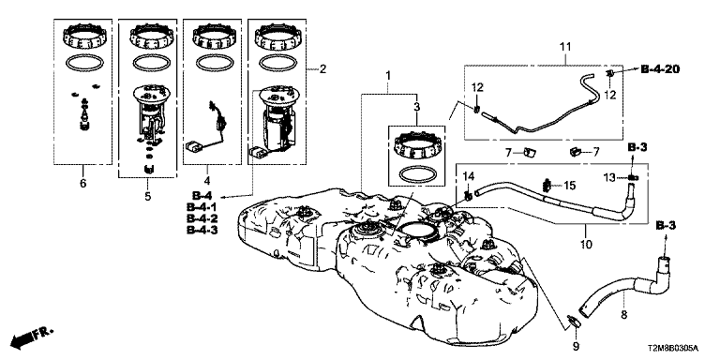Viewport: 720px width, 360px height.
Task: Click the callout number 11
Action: click(565, 46)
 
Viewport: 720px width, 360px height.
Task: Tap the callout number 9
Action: click(577, 345)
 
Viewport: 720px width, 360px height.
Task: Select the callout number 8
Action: click(623, 315)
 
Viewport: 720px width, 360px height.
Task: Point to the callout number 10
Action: click(586, 244)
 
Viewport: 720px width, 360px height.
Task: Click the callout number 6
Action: click(83, 183)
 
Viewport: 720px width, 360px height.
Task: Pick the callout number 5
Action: click(147, 196)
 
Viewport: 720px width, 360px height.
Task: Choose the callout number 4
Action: click(207, 180)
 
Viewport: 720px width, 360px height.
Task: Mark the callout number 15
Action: click(569, 186)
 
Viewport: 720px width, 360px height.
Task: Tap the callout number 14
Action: click(468, 175)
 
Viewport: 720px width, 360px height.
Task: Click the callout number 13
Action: click(608, 177)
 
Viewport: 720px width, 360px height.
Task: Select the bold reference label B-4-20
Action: click(660, 69)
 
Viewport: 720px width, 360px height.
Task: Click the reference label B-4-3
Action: click(202, 230)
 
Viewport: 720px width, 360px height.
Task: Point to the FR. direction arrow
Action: click(31, 337)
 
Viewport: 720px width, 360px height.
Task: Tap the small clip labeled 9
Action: click(574, 322)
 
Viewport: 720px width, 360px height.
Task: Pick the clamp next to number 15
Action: click(547, 185)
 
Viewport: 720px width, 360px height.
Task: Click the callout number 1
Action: click(388, 75)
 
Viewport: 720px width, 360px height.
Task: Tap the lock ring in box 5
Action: click(148, 37)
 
